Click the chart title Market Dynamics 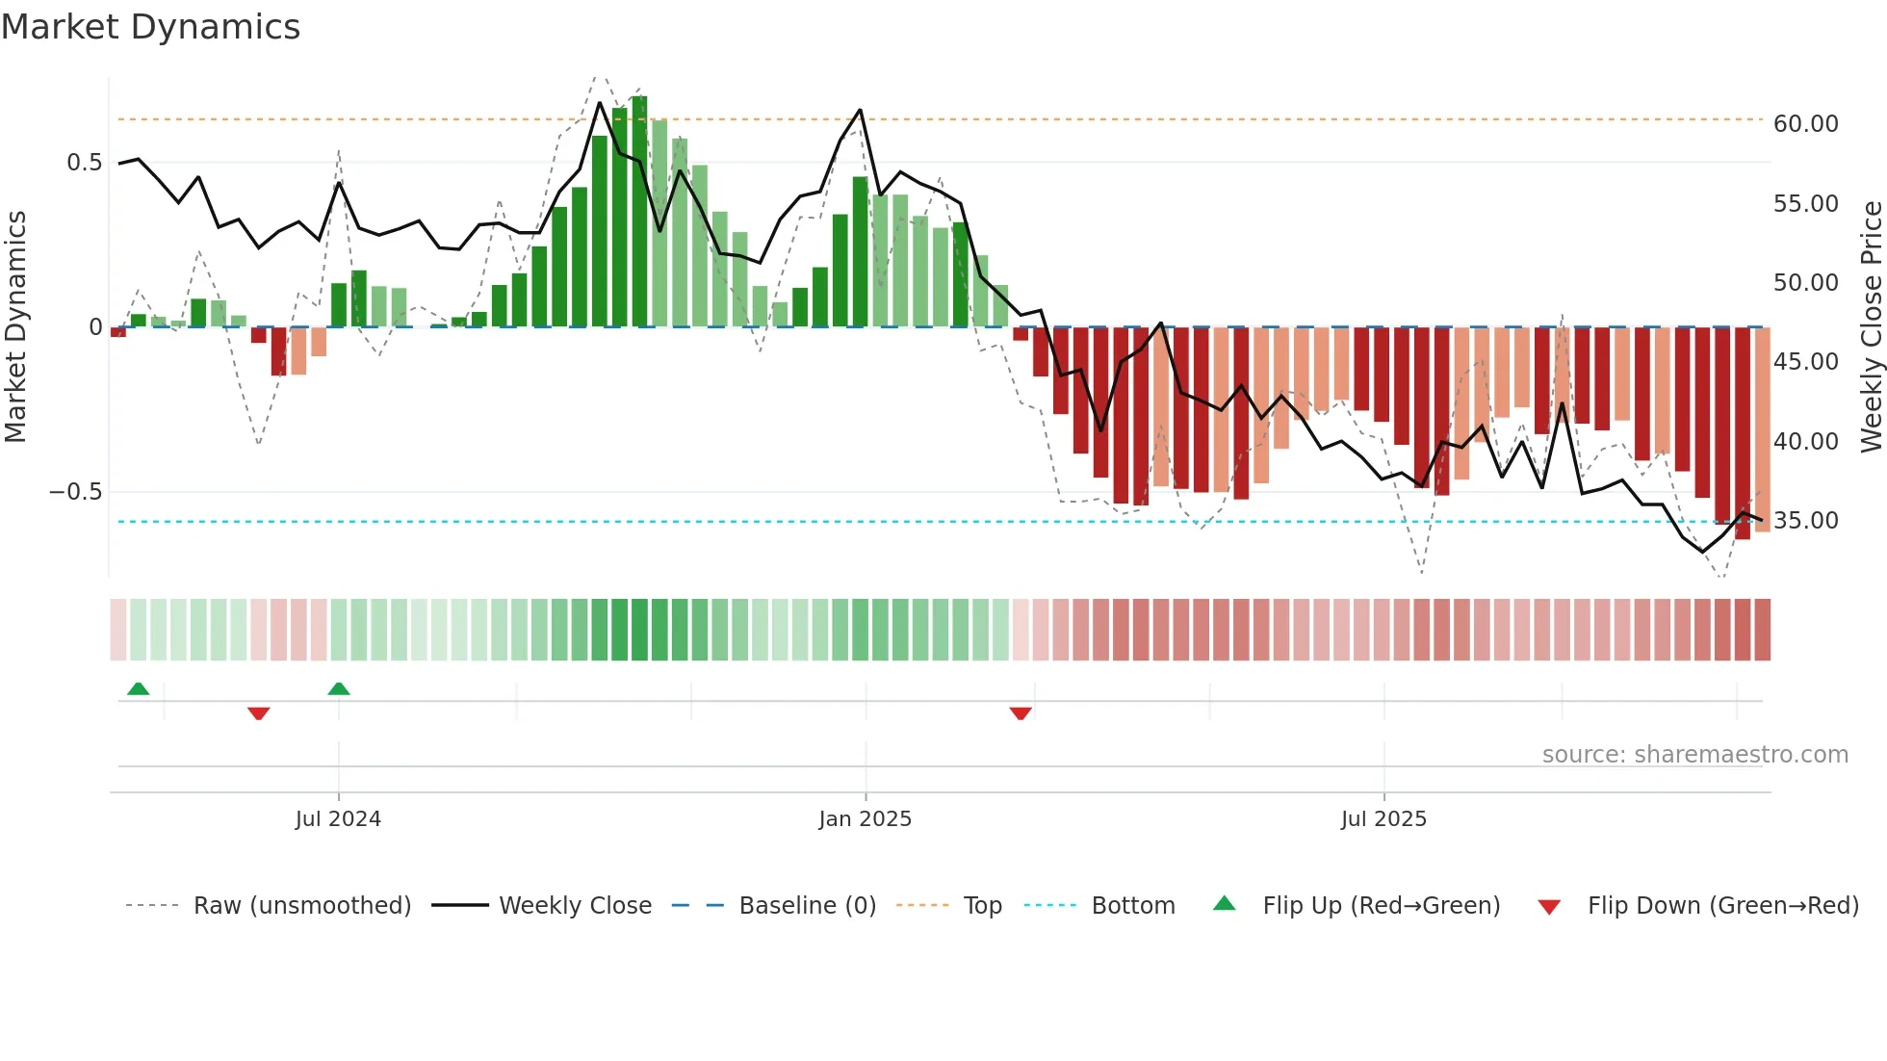pyautogui.click(x=150, y=27)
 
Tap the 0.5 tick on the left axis pyautogui.click(x=84, y=163)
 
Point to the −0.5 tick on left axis pyautogui.click(x=75, y=492)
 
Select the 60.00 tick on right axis pyautogui.click(x=1805, y=124)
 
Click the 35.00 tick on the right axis pyautogui.click(x=1805, y=521)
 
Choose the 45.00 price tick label pyautogui.click(x=1805, y=362)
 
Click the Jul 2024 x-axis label pyautogui.click(x=338, y=819)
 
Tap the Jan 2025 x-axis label pyautogui.click(x=865, y=819)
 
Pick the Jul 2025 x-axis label pyautogui.click(x=1383, y=819)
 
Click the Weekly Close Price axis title pyautogui.click(x=1871, y=326)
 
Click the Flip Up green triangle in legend pyautogui.click(x=1224, y=904)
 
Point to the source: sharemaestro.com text pyautogui.click(x=1694, y=755)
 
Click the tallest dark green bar pyautogui.click(x=639, y=212)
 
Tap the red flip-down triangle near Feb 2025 pyautogui.click(x=1021, y=712)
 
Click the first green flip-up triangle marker pyautogui.click(x=138, y=688)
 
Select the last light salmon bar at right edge pyautogui.click(x=1762, y=429)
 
